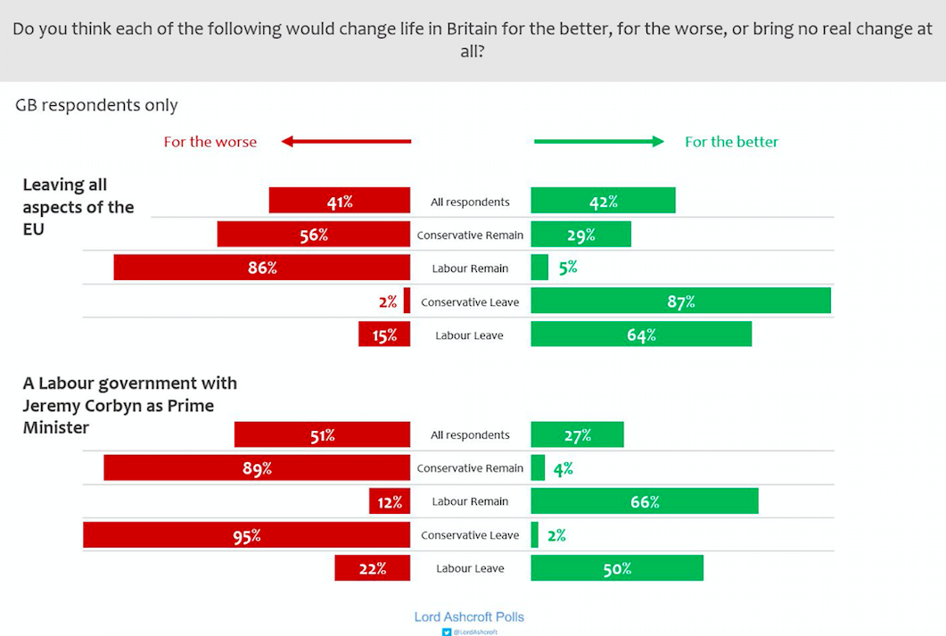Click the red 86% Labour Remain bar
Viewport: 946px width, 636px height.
(262, 268)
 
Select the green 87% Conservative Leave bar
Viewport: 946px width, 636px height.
(680, 301)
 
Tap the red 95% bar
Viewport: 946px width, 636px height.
(247, 535)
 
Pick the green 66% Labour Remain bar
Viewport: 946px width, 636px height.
(644, 501)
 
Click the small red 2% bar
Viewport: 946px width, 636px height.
(407, 301)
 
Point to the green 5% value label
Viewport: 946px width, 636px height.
(568, 268)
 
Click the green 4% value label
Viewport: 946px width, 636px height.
(563, 468)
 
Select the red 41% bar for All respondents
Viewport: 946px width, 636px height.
(340, 202)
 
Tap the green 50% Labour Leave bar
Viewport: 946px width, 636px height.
(617, 568)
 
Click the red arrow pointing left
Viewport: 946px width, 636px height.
(346, 141)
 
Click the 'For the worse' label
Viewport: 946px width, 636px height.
(210, 142)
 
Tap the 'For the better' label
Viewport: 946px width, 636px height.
(731, 142)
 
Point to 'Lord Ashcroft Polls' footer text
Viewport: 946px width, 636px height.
(469, 616)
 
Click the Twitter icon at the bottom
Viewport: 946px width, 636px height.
(448, 632)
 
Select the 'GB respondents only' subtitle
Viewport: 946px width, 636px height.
(96, 105)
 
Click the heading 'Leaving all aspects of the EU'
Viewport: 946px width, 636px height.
(78, 207)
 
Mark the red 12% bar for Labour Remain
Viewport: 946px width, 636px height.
(390, 501)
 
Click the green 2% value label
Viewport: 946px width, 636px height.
(557, 535)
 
